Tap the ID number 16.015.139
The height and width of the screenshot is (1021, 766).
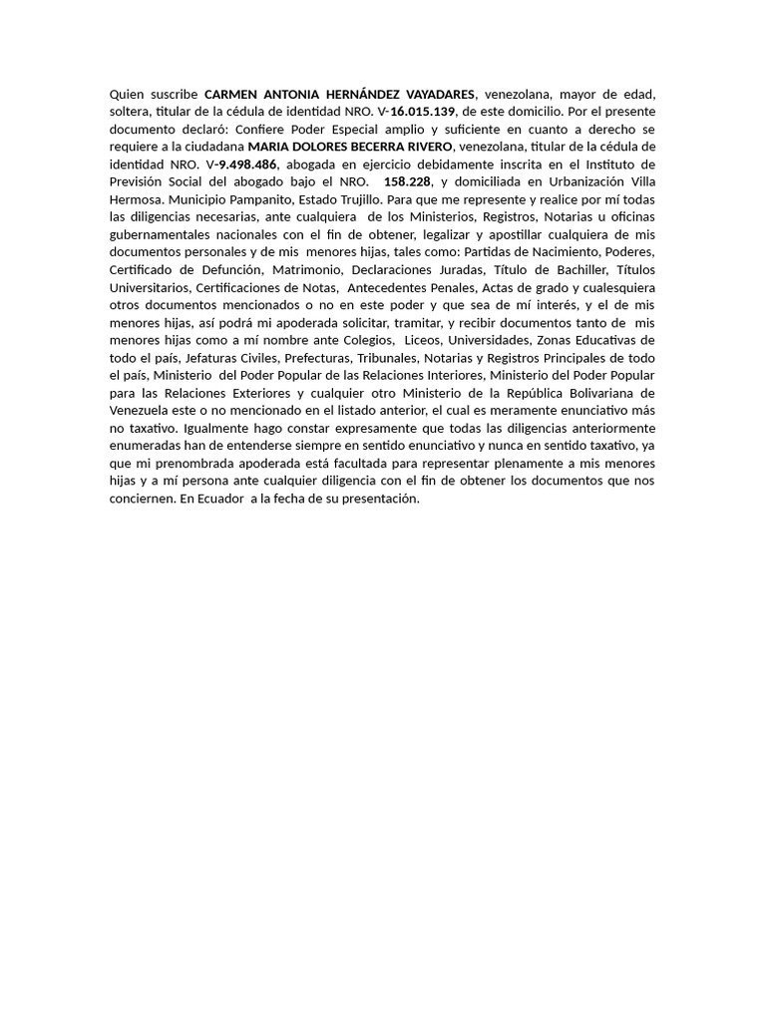pos(424,112)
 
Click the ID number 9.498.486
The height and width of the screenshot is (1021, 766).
pos(247,164)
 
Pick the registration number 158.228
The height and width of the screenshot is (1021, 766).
pos(407,181)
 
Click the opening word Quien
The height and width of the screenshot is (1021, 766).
pos(127,95)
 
